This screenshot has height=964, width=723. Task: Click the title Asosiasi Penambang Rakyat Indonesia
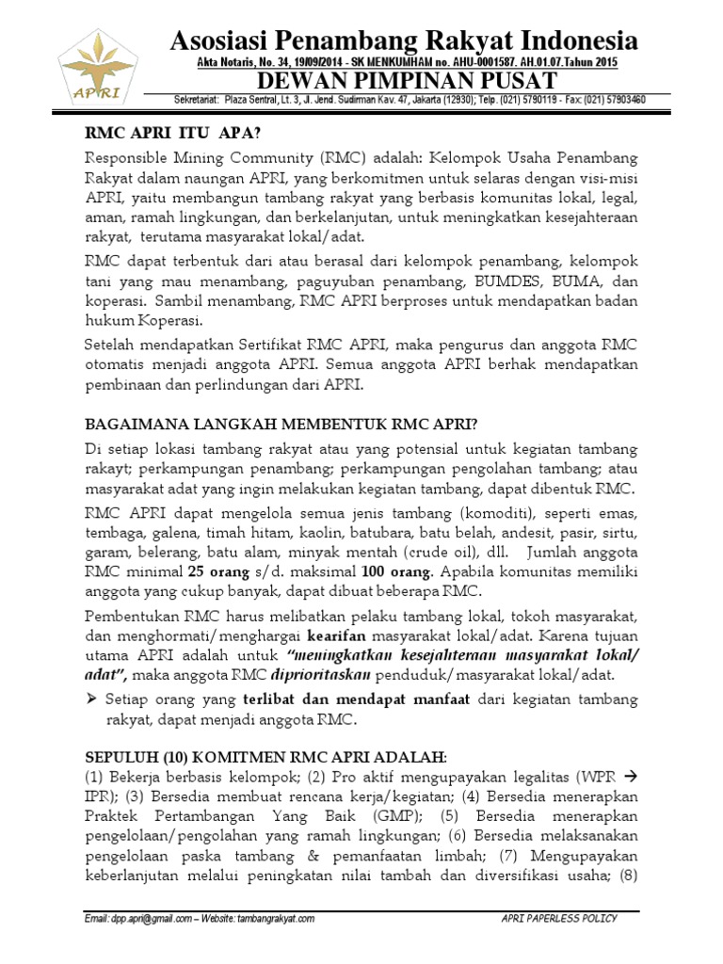click(404, 40)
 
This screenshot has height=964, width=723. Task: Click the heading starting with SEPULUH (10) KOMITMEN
click(265, 757)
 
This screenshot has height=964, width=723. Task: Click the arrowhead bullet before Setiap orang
click(91, 699)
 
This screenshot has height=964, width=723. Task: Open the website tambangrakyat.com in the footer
click(269, 919)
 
